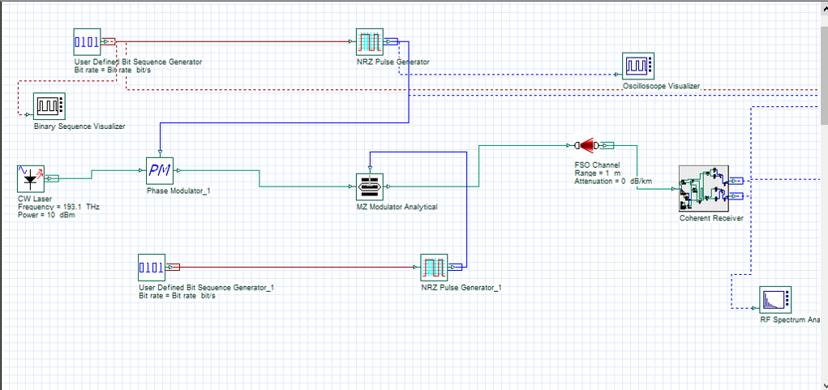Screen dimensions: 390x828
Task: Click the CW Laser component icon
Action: (x=30, y=179)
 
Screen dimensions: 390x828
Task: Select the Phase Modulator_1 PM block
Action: (x=160, y=170)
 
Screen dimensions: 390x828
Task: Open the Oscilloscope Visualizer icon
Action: (x=637, y=66)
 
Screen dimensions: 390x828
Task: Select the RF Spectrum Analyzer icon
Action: (x=774, y=300)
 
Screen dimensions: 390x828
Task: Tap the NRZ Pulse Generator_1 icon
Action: (x=435, y=267)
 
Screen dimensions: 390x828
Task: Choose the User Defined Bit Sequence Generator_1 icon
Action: (x=152, y=267)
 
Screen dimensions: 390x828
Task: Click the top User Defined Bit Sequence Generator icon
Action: (x=87, y=41)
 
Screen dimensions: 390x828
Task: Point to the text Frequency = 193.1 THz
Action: (x=58, y=208)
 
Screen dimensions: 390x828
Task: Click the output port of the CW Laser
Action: (x=53, y=178)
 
